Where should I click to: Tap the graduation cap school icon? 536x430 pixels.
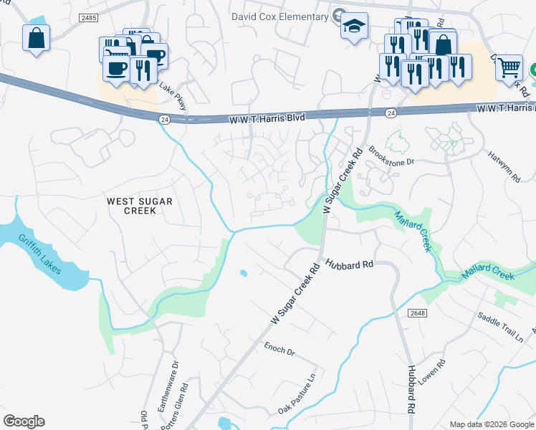(353, 27)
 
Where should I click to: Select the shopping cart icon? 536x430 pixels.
(509, 68)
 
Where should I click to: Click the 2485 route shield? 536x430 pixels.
(90, 16)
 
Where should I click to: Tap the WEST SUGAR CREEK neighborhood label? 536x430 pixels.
(140, 207)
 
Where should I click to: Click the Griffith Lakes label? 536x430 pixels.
(40, 254)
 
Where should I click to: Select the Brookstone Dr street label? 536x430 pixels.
(391, 156)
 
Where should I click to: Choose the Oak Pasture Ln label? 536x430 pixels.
(297, 395)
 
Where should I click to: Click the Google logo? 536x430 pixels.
(24, 421)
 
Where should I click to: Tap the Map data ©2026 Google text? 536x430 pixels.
(492, 424)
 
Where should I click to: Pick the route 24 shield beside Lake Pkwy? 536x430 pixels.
(165, 119)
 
